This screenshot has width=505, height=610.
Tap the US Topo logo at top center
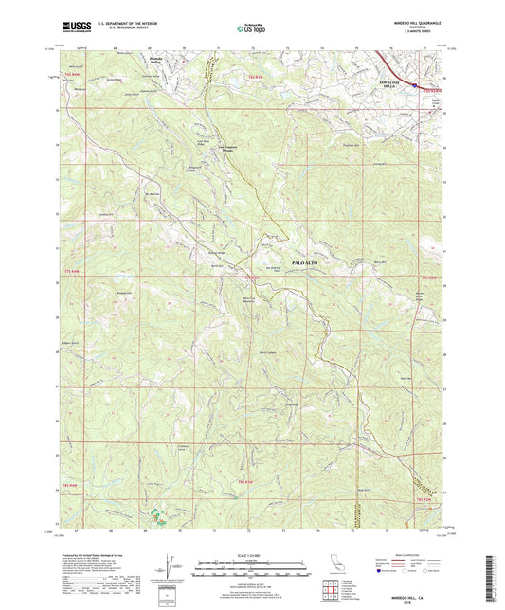click(x=252, y=28)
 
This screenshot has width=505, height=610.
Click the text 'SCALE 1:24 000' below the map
click(x=252, y=556)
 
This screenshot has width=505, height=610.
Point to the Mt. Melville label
click(x=153, y=195)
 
